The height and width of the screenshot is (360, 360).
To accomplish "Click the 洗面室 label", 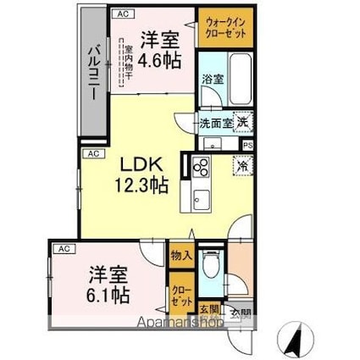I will pyautogui.click(x=215, y=123).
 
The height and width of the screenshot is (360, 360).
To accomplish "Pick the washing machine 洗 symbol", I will pyautogui.click(x=242, y=123).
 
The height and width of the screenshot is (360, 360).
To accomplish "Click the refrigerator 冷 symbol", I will pyautogui.click(x=242, y=167).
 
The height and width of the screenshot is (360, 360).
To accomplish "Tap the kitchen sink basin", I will pyautogui.click(x=201, y=201).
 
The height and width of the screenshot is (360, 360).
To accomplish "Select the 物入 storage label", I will pyautogui.click(x=181, y=254).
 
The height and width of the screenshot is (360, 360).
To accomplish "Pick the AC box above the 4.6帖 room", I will pyautogui.click(x=123, y=14).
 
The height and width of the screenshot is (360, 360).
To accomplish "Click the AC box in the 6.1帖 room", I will pyautogui.click(x=63, y=249).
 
